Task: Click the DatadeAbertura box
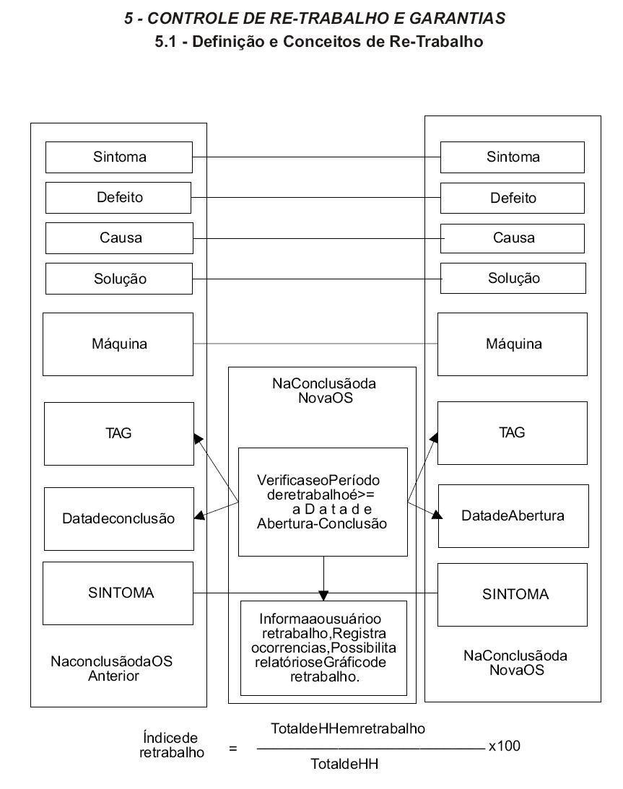(x=513, y=515)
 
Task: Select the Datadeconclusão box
(x=119, y=519)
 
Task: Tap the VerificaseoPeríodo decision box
(x=323, y=502)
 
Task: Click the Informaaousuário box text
(x=323, y=648)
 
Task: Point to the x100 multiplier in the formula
(x=504, y=746)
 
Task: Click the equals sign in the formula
(x=233, y=749)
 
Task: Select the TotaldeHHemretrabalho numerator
(x=348, y=728)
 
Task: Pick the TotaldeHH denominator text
(x=344, y=764)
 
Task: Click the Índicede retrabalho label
(x=171, y=745)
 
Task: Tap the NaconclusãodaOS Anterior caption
(x=112, y=668)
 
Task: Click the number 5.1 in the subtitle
(x=165, y=41)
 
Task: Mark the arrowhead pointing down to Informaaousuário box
(x=323, y=596)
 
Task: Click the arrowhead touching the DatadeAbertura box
(x=437, y=514)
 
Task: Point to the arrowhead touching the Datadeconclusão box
(x=200, y=515)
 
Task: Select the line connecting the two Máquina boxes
(x=315, y=344)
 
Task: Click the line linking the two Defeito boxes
(x=316, y=197)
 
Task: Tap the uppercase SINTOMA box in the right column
(x=513, y=594)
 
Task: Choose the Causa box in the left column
(x=119, y=238)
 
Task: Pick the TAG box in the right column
(x=513, y=432)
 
